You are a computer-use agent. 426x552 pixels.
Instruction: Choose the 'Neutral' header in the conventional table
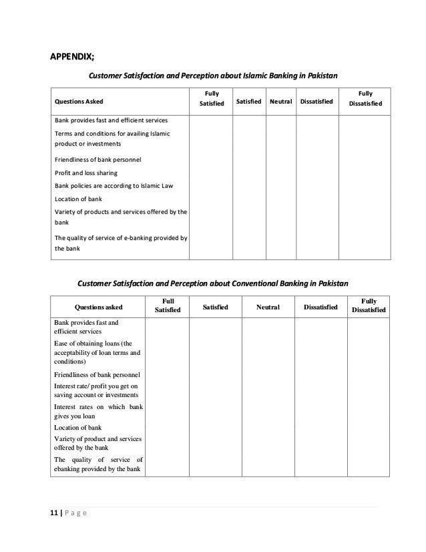tap(268, 307)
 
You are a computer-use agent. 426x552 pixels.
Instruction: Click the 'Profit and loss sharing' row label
tap(87, 172)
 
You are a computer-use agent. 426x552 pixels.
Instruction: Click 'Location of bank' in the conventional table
tap(77, 427)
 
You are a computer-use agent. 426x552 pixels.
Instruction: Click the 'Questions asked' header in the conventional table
tap(98, 307)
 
